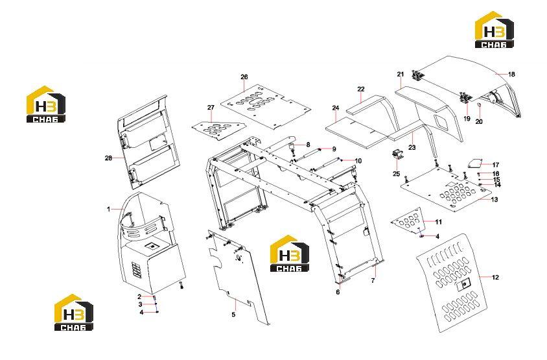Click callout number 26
(x=244, y=77)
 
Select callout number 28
(x=108, y=158)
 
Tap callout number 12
(x=495, y=278)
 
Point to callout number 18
(x=511, y=75)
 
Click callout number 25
(x=396, y=174)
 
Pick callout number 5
(x=233, y=315)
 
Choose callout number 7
(x=373, y=281)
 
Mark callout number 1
(x=108, y=209)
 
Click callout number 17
(x=496, y=165)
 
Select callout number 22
(x=361, y=90)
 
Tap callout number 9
(x=334, y=149)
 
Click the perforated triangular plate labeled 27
(x=218, y=129)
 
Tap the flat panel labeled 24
(x=356, y=134)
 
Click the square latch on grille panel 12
(x=463, y=285)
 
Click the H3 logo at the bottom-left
(x=74, y=312)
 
